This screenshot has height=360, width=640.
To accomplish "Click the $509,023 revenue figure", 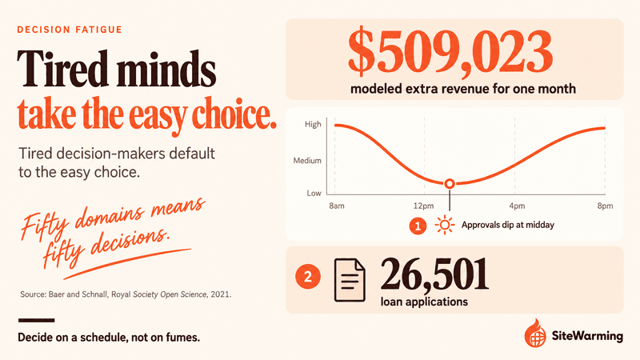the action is [x=450, y=53].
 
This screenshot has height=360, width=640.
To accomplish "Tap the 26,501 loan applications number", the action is [x=434, y=274].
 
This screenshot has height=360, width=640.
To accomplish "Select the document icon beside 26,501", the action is [x=350, y=280].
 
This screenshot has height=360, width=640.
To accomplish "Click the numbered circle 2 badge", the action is [x=308, y=277].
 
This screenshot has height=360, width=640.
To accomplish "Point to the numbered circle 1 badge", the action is [x=418, y=226].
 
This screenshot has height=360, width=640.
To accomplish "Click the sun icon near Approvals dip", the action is [x=445, y=225].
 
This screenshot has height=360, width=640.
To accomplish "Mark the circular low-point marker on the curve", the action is [x=450, y=184].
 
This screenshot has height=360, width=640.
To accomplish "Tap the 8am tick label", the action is [x=337, y=206].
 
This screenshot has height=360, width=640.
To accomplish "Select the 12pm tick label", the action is [x=424, y=206].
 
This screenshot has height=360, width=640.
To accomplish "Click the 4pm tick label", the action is [x=517, y=206].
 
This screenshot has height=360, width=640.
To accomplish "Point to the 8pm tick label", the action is [x=606, y=206].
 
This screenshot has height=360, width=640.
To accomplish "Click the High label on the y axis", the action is [x=313, y=125].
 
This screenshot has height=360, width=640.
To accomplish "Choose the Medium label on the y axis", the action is [x=307, y=161].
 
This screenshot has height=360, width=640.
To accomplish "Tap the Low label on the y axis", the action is [x=314, y=193].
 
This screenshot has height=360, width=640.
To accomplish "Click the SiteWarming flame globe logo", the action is [x=535, y=333].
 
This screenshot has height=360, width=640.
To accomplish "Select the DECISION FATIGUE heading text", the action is [x=70, y=30].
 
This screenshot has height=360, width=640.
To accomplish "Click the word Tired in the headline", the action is [x=62, y=69].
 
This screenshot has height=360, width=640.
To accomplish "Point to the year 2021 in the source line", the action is [x=221, y=294].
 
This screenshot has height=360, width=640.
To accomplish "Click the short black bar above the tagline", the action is [x=36, y=321].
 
